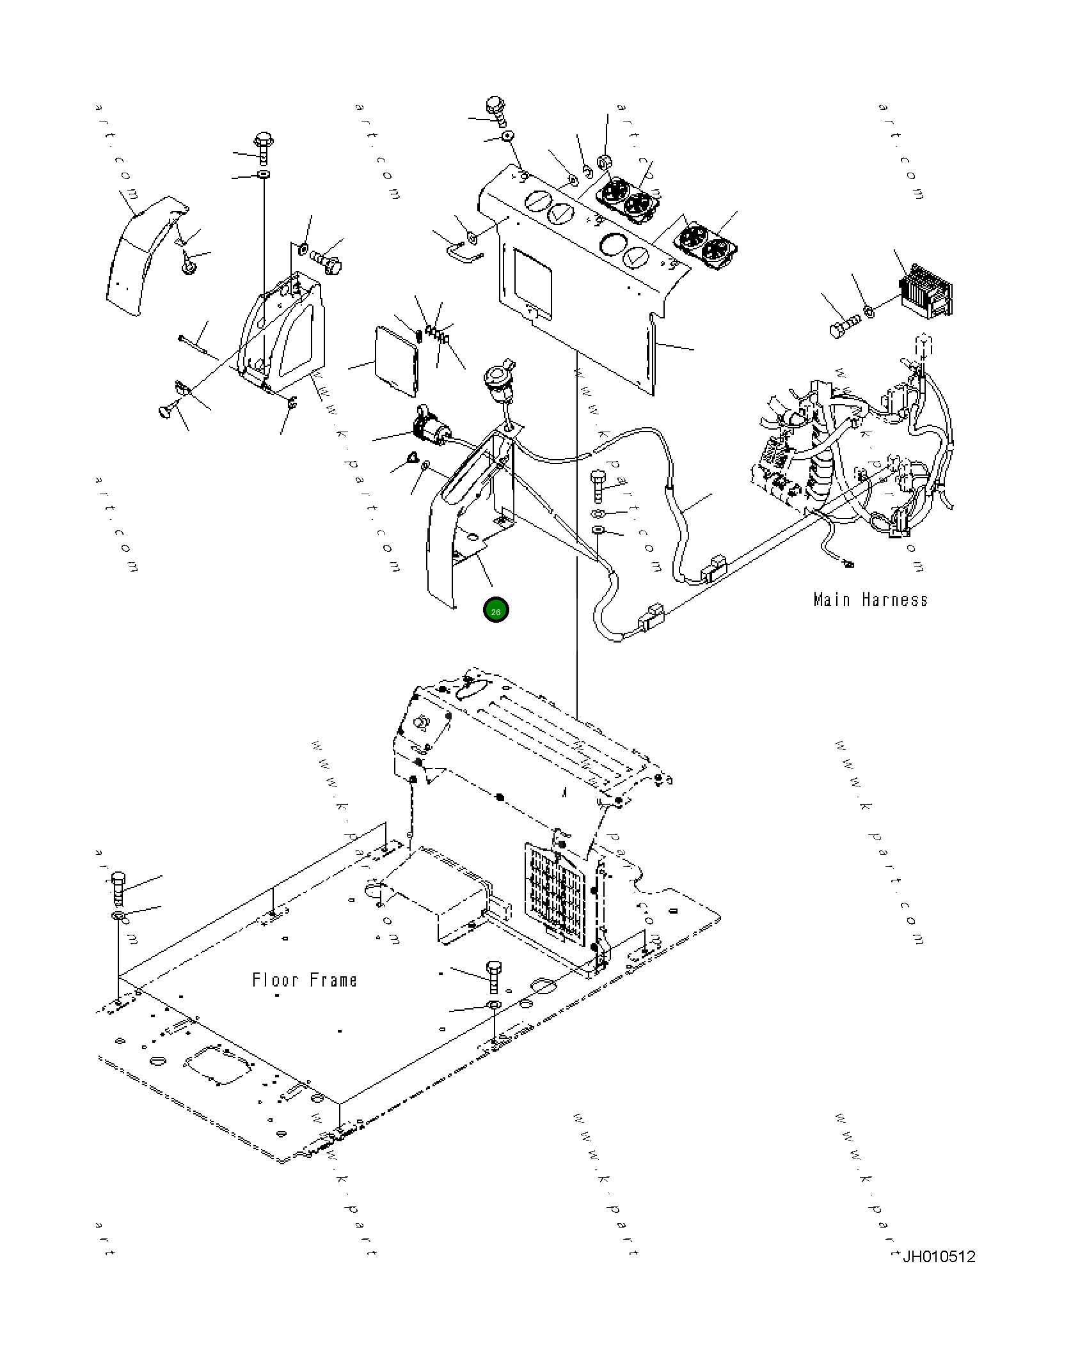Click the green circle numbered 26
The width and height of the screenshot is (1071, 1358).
pyautogui.click(x=496, y=611)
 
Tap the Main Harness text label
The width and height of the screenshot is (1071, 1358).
pyautogui.click(x=870, y=600)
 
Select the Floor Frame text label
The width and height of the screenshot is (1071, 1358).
pyautogui.click(x=305, y=980)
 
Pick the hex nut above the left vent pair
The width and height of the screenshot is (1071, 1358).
pyautogui.click(x=603, y=162)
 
